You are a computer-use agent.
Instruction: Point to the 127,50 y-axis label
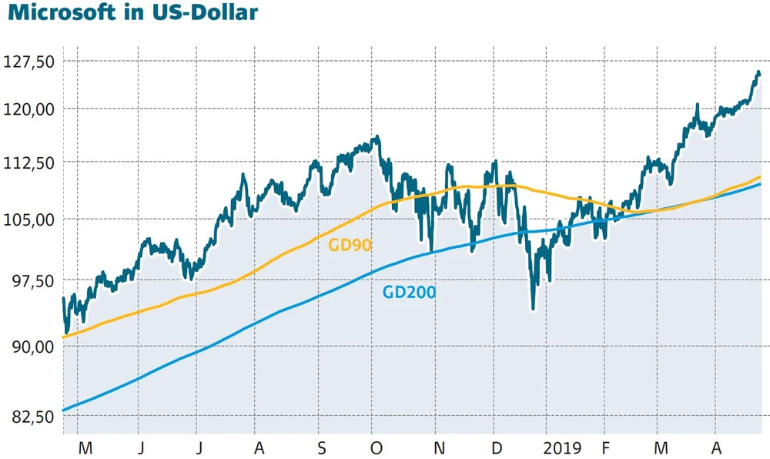click(x=30, y=61)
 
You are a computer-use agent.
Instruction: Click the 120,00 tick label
click(x=30, y=109)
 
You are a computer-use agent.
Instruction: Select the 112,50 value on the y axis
click(x=30, y=163)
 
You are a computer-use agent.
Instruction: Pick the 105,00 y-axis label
click(x=30, y=219)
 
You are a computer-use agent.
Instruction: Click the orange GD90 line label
click(x=350, y=246)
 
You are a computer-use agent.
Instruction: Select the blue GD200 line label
click(x=409, y=293)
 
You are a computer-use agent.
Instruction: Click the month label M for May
click(x=85, y=447)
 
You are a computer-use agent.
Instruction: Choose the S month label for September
click(x=323, y=447)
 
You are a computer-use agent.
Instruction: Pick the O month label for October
click(x=377, y=447)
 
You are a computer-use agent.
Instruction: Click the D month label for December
click(x=497, y=447)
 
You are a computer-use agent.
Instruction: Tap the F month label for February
click(x=606, y=447)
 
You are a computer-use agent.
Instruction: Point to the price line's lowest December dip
click(x=533, y=309)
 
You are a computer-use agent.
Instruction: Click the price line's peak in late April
click(x=758, y=72)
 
